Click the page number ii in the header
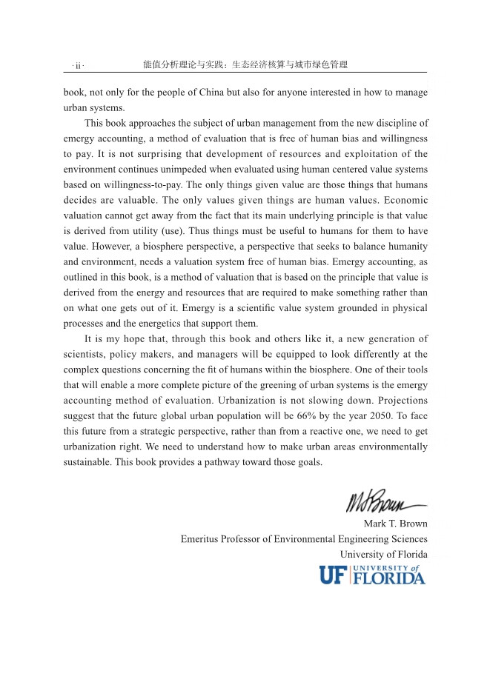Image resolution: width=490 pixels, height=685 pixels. coord(78,66)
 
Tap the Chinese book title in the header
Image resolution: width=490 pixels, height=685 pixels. coord(245,65)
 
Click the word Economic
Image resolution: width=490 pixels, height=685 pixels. coord(404,201)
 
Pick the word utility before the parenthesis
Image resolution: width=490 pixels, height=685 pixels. coord(131,231)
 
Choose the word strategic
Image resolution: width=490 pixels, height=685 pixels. coord(156,432)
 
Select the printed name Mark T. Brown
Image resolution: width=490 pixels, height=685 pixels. coord(395,524)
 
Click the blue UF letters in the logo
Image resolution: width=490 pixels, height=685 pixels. coord(334,575)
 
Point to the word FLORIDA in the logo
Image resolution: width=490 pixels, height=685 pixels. coord(389,578)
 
